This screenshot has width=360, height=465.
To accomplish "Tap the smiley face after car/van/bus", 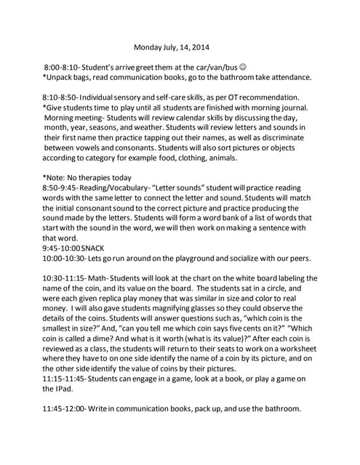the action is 242,67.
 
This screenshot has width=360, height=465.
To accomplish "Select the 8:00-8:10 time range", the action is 62,67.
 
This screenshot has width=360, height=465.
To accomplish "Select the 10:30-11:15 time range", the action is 66,278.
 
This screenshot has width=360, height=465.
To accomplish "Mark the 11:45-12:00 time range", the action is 66,408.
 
